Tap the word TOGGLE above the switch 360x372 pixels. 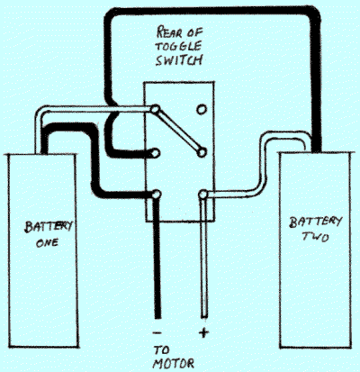178,46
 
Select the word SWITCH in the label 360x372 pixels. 178,60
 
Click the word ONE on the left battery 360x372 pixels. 47,242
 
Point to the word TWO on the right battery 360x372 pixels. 315,237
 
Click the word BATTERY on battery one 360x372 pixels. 49,227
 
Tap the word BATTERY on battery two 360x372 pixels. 315,222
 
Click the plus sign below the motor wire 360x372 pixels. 203,332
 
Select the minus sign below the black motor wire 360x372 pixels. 157,332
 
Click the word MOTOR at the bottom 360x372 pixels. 174,364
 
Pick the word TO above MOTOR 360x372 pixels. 162,350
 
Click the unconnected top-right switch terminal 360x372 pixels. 202,109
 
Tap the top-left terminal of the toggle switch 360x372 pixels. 155,110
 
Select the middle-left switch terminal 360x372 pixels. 155,153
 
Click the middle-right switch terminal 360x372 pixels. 202,153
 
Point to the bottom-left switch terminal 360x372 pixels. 156,195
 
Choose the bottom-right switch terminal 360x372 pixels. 203,195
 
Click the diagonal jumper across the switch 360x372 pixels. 178,132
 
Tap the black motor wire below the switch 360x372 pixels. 157,258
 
